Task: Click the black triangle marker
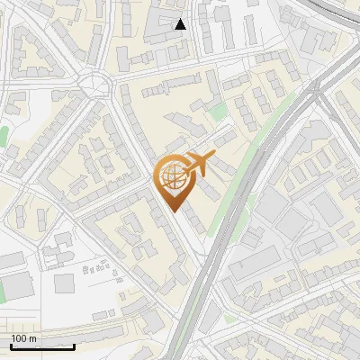tap(180, 24)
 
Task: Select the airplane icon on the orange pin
tap(199, 164)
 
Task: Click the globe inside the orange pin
tap(172, 179)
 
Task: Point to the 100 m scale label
tap(24, 338)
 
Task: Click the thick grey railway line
tap(225, 225)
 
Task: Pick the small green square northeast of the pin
tap(219, 112)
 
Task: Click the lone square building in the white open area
tap(63, 283)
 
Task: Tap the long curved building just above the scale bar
tap(54, 321)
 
